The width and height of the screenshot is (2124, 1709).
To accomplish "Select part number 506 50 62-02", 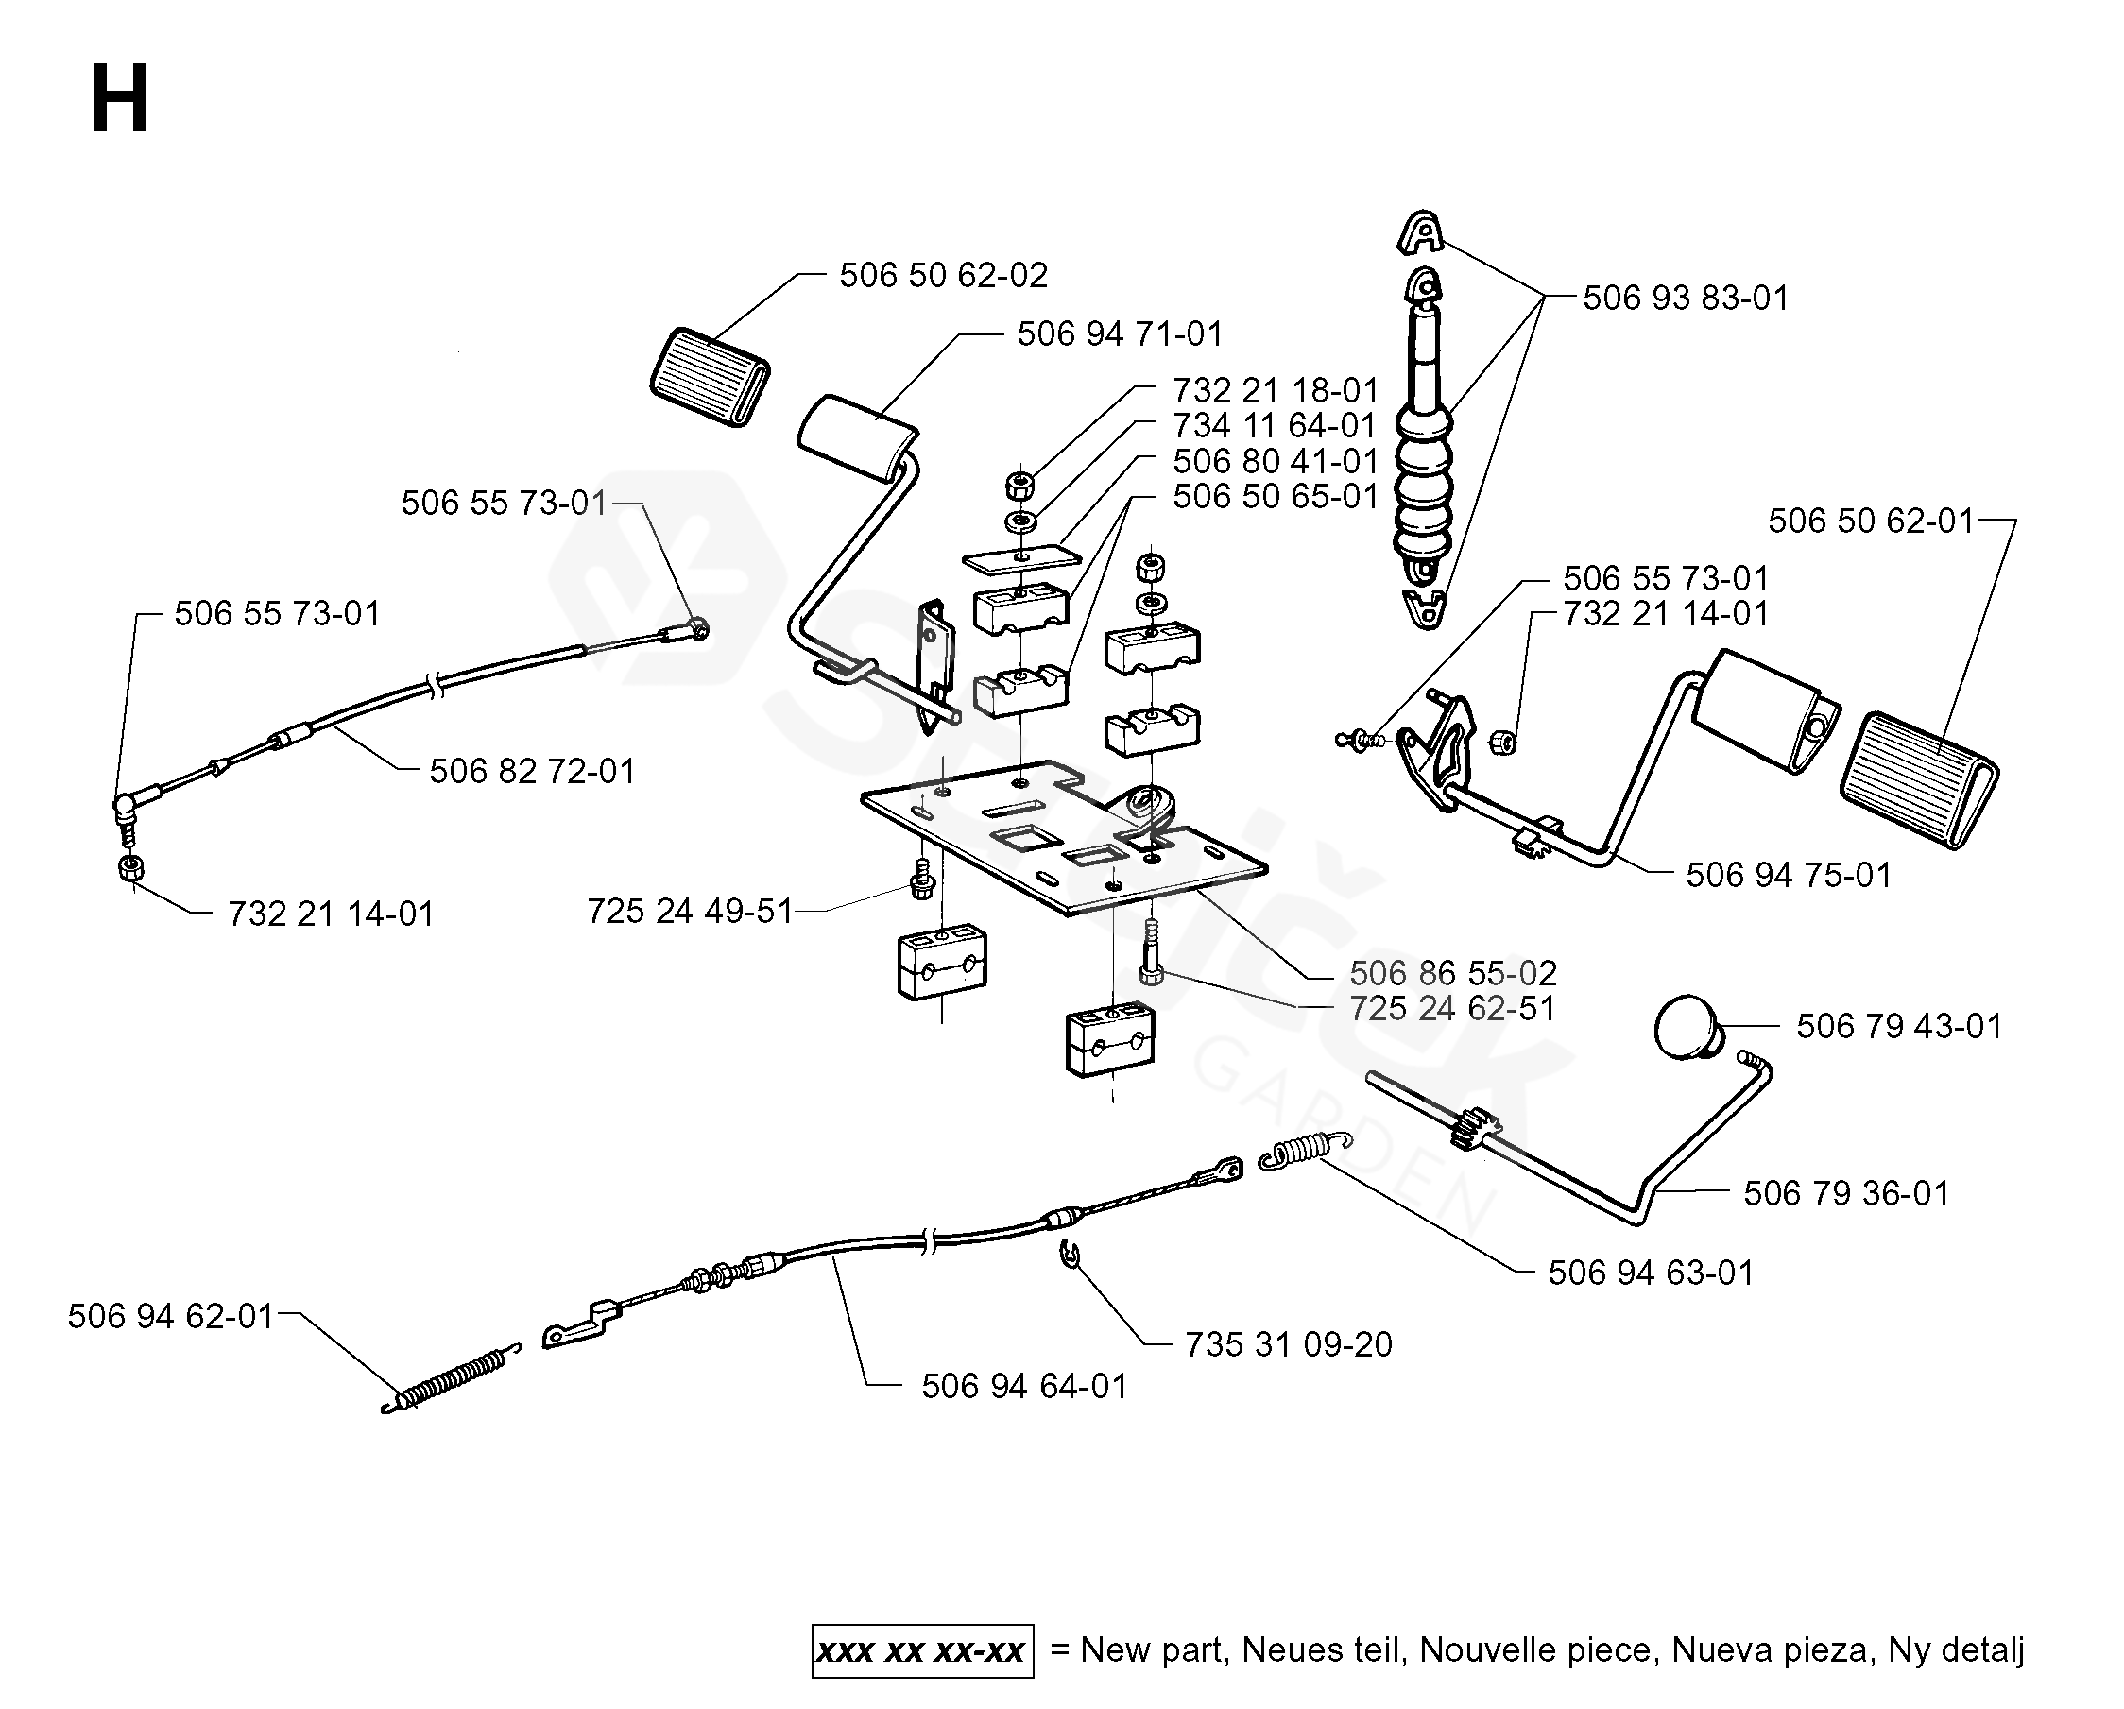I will point(943,276).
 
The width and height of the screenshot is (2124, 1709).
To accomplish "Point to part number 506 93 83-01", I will point(1685,299).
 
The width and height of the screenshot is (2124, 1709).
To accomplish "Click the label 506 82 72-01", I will point(532,771).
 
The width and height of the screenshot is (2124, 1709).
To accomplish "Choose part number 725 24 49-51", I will point(690,912).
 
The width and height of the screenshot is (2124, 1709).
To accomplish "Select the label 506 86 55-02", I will point(1452,974).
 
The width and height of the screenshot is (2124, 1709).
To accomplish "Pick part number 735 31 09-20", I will point(1288,1345).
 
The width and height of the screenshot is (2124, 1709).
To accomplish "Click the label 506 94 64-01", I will point(1023,1387).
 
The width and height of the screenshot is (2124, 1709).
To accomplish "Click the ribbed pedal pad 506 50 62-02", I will point(711,376).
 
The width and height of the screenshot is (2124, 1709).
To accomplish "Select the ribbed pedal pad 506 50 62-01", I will point(1918,779).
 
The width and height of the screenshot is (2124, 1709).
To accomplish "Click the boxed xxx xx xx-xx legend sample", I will point(922,1650).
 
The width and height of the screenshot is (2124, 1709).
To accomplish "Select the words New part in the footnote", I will point(1154,1649).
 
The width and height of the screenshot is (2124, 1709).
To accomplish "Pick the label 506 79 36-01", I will point(1845,1194).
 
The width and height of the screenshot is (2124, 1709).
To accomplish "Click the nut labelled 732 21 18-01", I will point(1018,485).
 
